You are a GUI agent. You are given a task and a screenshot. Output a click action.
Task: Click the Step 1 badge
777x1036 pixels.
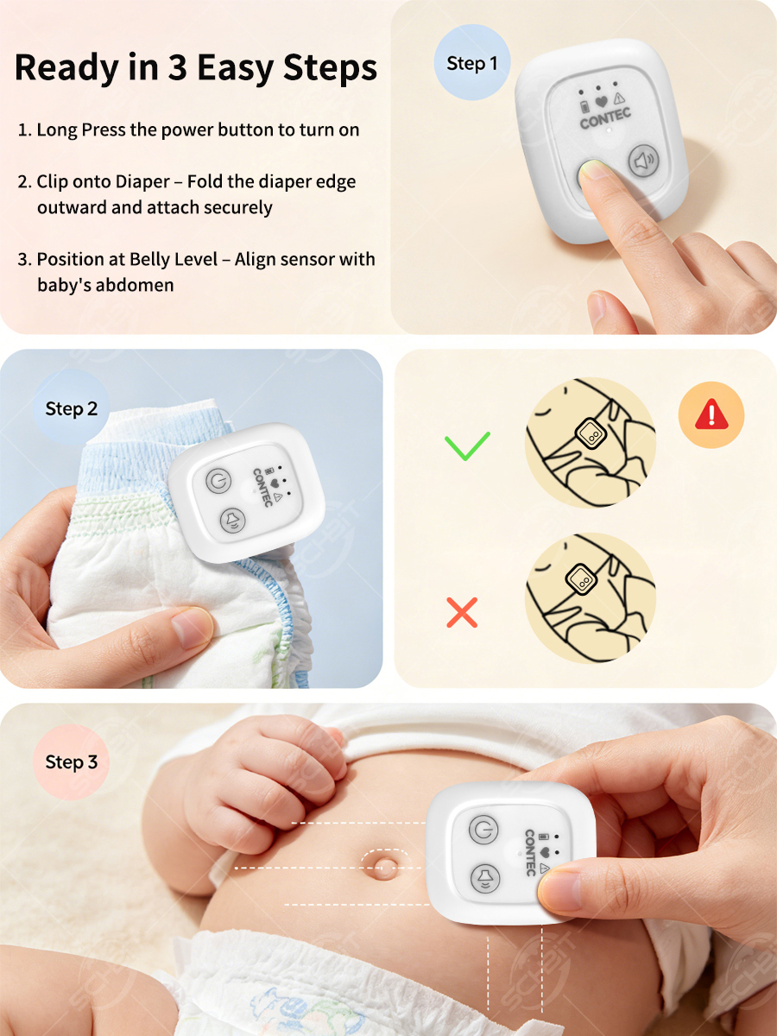pos(471,63)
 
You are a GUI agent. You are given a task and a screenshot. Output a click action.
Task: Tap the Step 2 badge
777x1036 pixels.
pos(72,408)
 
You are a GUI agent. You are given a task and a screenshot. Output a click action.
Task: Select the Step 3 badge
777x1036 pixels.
pos(72,761)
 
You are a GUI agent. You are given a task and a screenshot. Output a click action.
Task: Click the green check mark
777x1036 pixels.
pos(467,446)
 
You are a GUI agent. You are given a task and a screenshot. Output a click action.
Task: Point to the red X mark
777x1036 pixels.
pos(462,613)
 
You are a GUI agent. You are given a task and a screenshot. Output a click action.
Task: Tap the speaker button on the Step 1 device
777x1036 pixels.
pos(644,161)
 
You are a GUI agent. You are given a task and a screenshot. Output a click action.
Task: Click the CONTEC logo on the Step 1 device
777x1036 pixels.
pos(605,118)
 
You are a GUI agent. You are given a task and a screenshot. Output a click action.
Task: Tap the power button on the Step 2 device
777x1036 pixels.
pos(218,481)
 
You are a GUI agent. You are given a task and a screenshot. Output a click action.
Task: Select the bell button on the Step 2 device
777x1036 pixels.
pos(233,521)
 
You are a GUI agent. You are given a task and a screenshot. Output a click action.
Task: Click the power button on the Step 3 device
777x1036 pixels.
pos(483,830)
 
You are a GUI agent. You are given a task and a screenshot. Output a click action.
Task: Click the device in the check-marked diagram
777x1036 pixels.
pos(590,432)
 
